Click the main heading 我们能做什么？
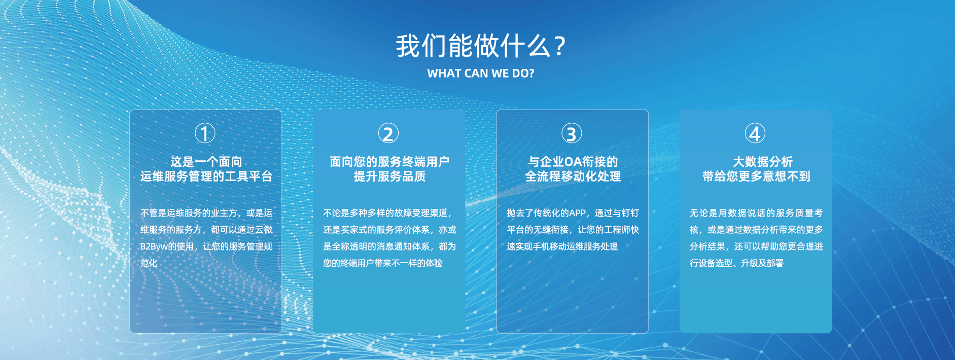tap(480, 46)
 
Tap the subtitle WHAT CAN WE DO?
tap(481, 74)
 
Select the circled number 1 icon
tap(205, 134)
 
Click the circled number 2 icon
tap(388, 134)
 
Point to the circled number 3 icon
tap(572, 134)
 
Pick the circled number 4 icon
tap(755, 134)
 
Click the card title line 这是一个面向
tap(206, 162)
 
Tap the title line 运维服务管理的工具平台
tap(206, 176)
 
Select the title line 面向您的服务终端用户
tap(390, 162)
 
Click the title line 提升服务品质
tap(390, 176)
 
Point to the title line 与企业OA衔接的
tap(573, 162)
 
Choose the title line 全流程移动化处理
tap(573, 176)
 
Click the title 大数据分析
tap(763, 162)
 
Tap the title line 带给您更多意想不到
tap(756, 176)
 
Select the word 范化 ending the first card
tap(149, 263)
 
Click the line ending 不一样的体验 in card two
tap(383, 263)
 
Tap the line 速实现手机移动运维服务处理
tap(562, 246)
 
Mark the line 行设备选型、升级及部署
tap(736, 263)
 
